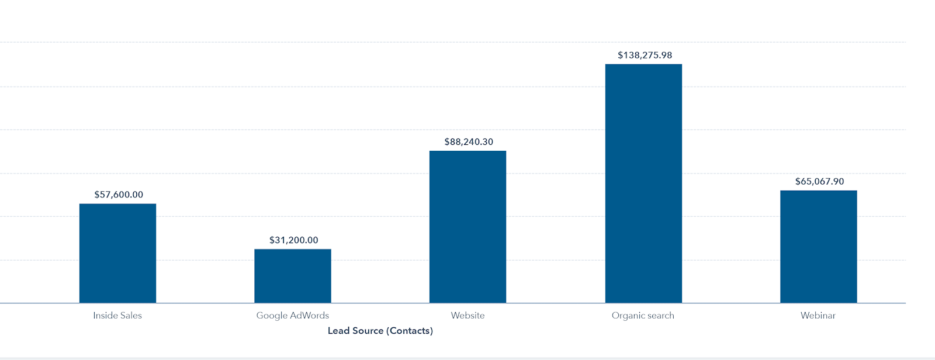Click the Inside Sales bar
[x=117, y=253]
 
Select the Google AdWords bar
[x=293, y=276]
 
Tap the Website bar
[x=467, y=227]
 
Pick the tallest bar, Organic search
[x=643, y=184]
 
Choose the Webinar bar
[x=818, y=247]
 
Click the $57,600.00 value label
[x=119, y=195]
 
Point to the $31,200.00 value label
[x=294, y=240]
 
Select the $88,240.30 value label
[x=469, y=142]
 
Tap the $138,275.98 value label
[x=645, y=56]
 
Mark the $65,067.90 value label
[x=819, y=182]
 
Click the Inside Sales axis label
[x=117, y=316]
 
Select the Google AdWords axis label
[x=293, y=316]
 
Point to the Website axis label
[x=467, y=316]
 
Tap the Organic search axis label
[x=643, y=316]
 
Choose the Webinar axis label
[x=818, y=316]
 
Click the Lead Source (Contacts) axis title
[x=380, y=331]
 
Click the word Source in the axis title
[x=368, y=331]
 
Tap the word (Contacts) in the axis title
[x=410, y=331]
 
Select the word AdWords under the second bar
[x=310, y=316]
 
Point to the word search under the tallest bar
[x=661, y=316]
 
